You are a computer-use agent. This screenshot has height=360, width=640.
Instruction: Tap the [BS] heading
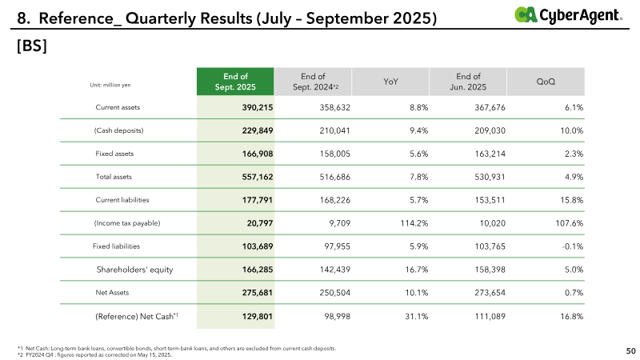pos(31,47)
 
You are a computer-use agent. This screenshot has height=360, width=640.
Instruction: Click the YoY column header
pos(392,82)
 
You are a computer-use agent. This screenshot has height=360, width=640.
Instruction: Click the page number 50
pos(630,350)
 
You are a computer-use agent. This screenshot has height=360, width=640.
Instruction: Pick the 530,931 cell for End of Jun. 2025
pos(489,176)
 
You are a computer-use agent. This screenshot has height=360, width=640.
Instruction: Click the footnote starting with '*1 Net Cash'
pos(176,349)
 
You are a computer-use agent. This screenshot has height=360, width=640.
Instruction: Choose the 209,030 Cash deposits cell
pos(489,130)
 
